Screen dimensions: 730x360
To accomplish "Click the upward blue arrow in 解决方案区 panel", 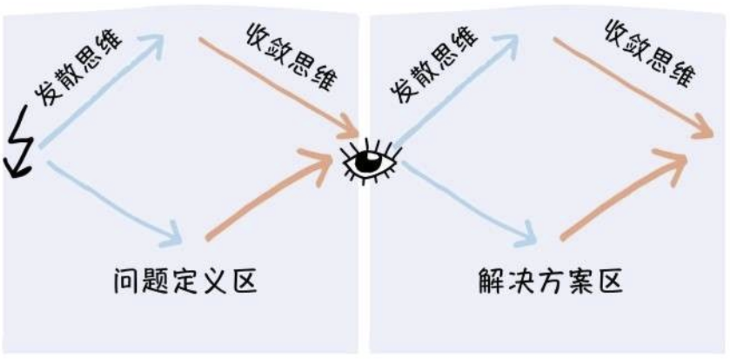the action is [456, 91].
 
